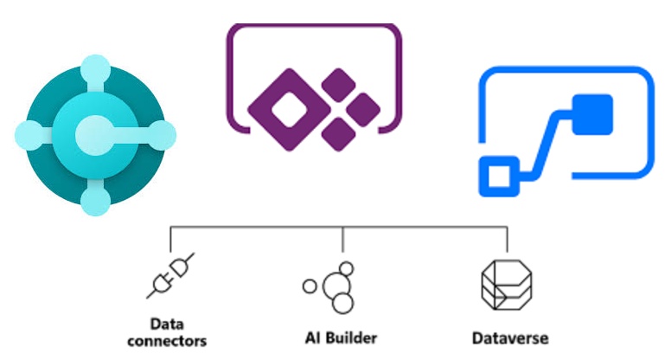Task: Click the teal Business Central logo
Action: coord(95,134)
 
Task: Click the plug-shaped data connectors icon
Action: coord(170,274)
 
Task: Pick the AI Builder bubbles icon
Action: coord(335,286)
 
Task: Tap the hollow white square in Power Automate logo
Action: coord(497,177)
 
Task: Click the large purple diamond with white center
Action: coord(285,106)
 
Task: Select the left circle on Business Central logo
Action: coord(29,135)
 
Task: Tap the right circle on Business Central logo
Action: coord(162,135)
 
